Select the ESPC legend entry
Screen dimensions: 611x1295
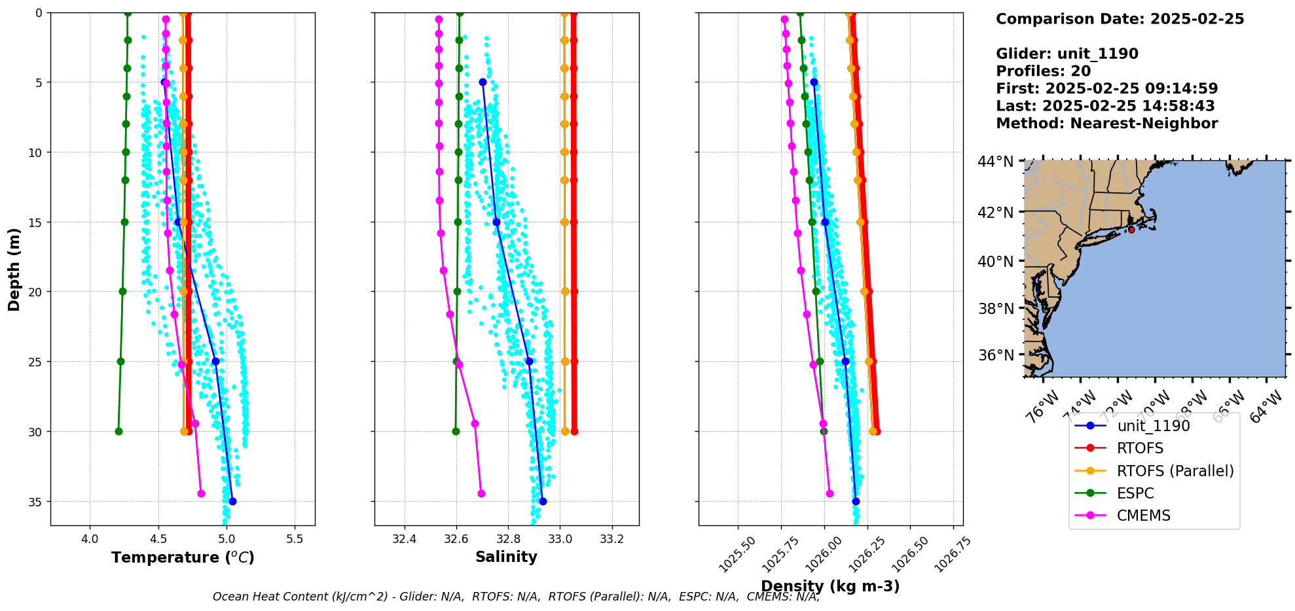(1135, 493)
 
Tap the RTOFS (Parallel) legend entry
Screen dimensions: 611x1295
(1175, 471)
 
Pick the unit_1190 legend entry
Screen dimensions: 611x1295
(1153, 426)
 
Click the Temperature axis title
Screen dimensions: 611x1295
(183, 557)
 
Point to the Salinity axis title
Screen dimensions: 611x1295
(506, 557)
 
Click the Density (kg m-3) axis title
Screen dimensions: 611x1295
(830, 586)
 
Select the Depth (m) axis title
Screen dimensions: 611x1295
(14, 269)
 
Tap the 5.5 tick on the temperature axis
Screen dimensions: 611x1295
(295, 539)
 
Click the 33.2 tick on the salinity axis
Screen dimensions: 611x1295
(612, 539)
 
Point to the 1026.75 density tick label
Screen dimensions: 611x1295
(953, 553)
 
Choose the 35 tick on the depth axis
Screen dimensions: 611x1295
(34, 502)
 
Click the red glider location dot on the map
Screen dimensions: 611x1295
(1131, 230)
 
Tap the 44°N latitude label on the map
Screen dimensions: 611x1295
(995, 162)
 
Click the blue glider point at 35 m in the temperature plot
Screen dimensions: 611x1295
(232, 501)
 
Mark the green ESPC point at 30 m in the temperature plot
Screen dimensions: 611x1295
(119, 431)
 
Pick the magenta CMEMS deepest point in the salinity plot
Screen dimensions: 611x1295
(481, 493)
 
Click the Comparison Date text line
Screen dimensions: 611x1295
(1120, 19)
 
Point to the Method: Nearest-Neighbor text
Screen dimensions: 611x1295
(1106, 124)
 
